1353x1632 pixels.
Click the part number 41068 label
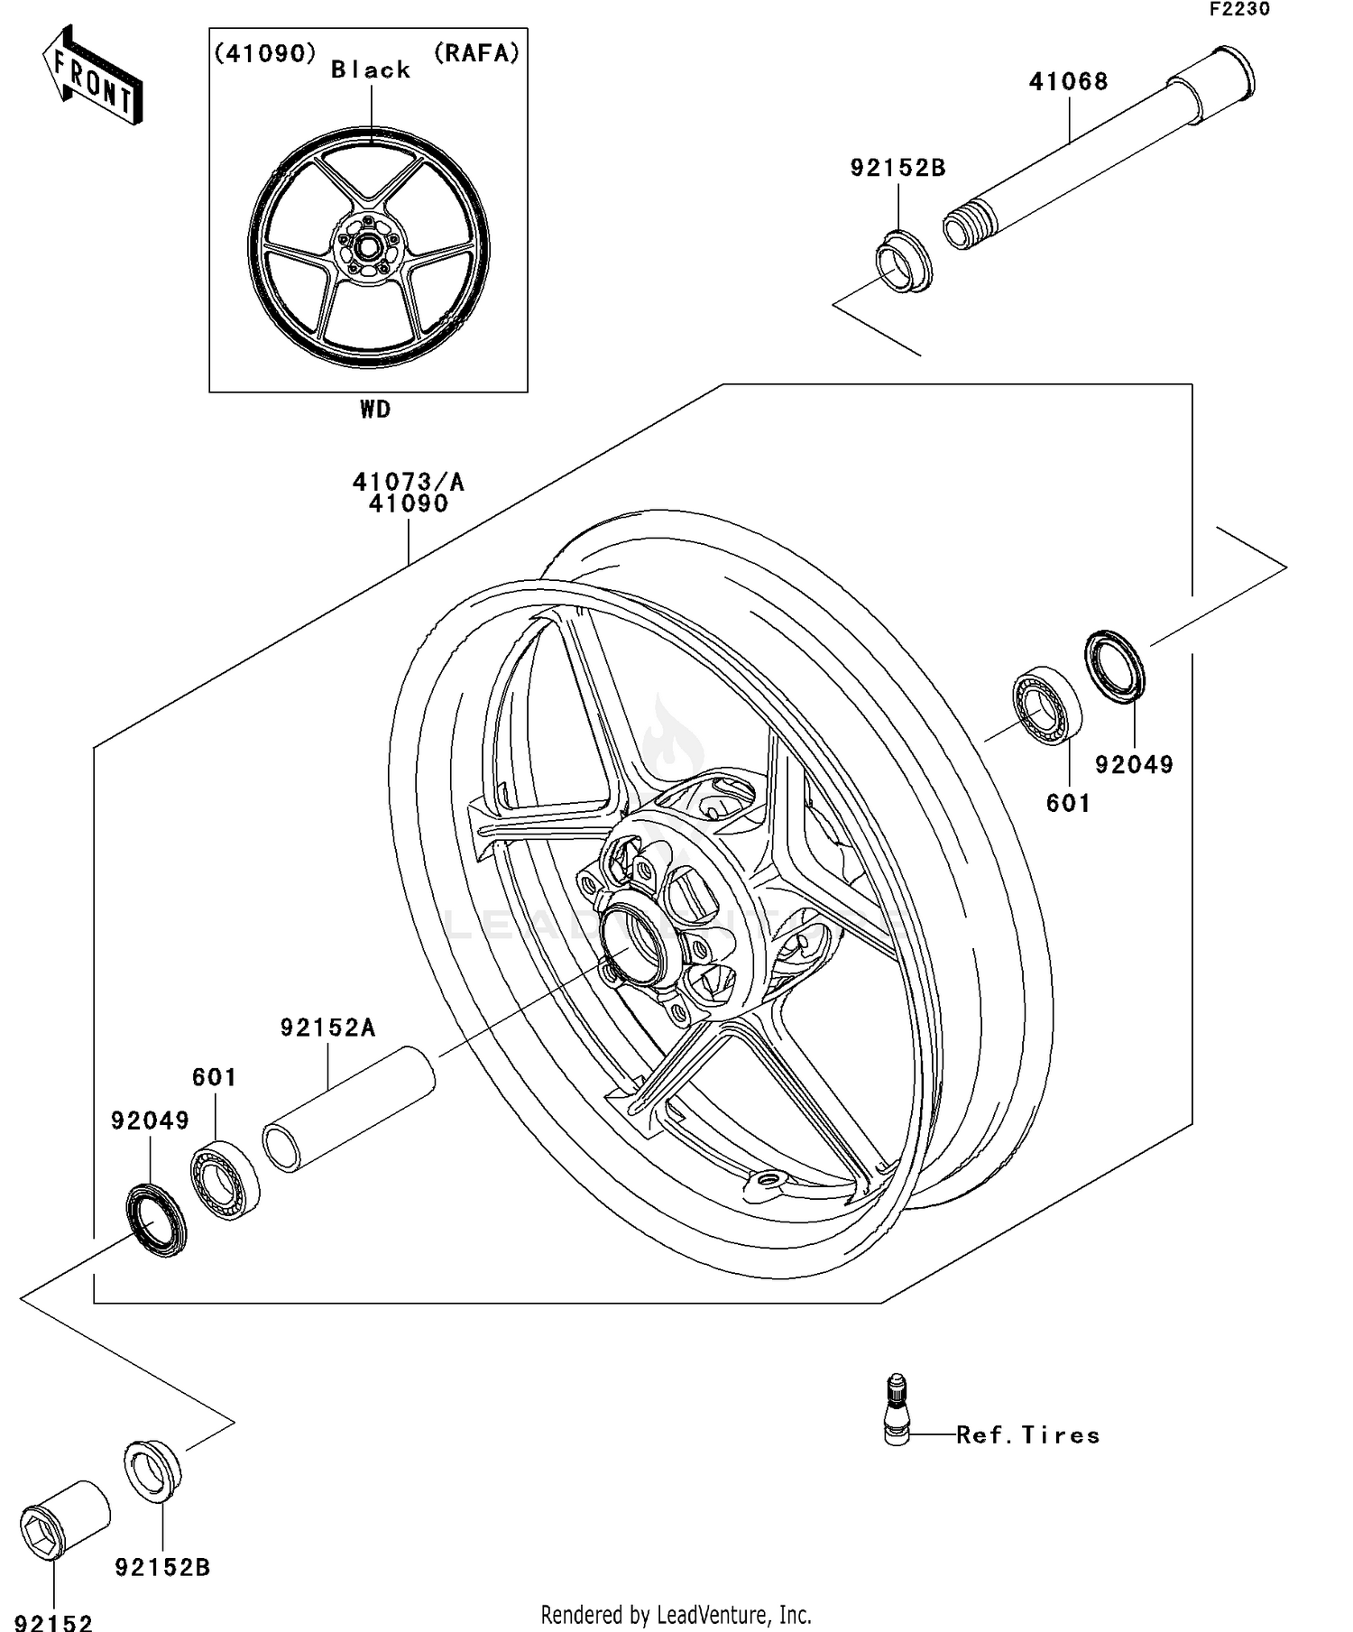click(1068, 82)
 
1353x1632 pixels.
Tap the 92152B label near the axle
click(897, 168)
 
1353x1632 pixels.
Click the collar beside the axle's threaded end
click(904, 263)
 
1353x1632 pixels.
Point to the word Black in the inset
click(370, 70)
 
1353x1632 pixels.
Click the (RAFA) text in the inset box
click(477, 53)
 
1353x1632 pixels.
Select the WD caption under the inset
click(375, 410)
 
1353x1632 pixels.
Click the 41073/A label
click(408, 482)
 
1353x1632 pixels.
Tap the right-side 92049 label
click(1134, 765)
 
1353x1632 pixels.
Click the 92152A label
click(327, 1028)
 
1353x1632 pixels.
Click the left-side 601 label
click(215, 1077)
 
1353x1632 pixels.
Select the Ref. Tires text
click(1028, 1435)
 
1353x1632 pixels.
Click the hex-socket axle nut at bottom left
click(64, 1520)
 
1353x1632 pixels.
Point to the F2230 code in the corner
click(1239, 10)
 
